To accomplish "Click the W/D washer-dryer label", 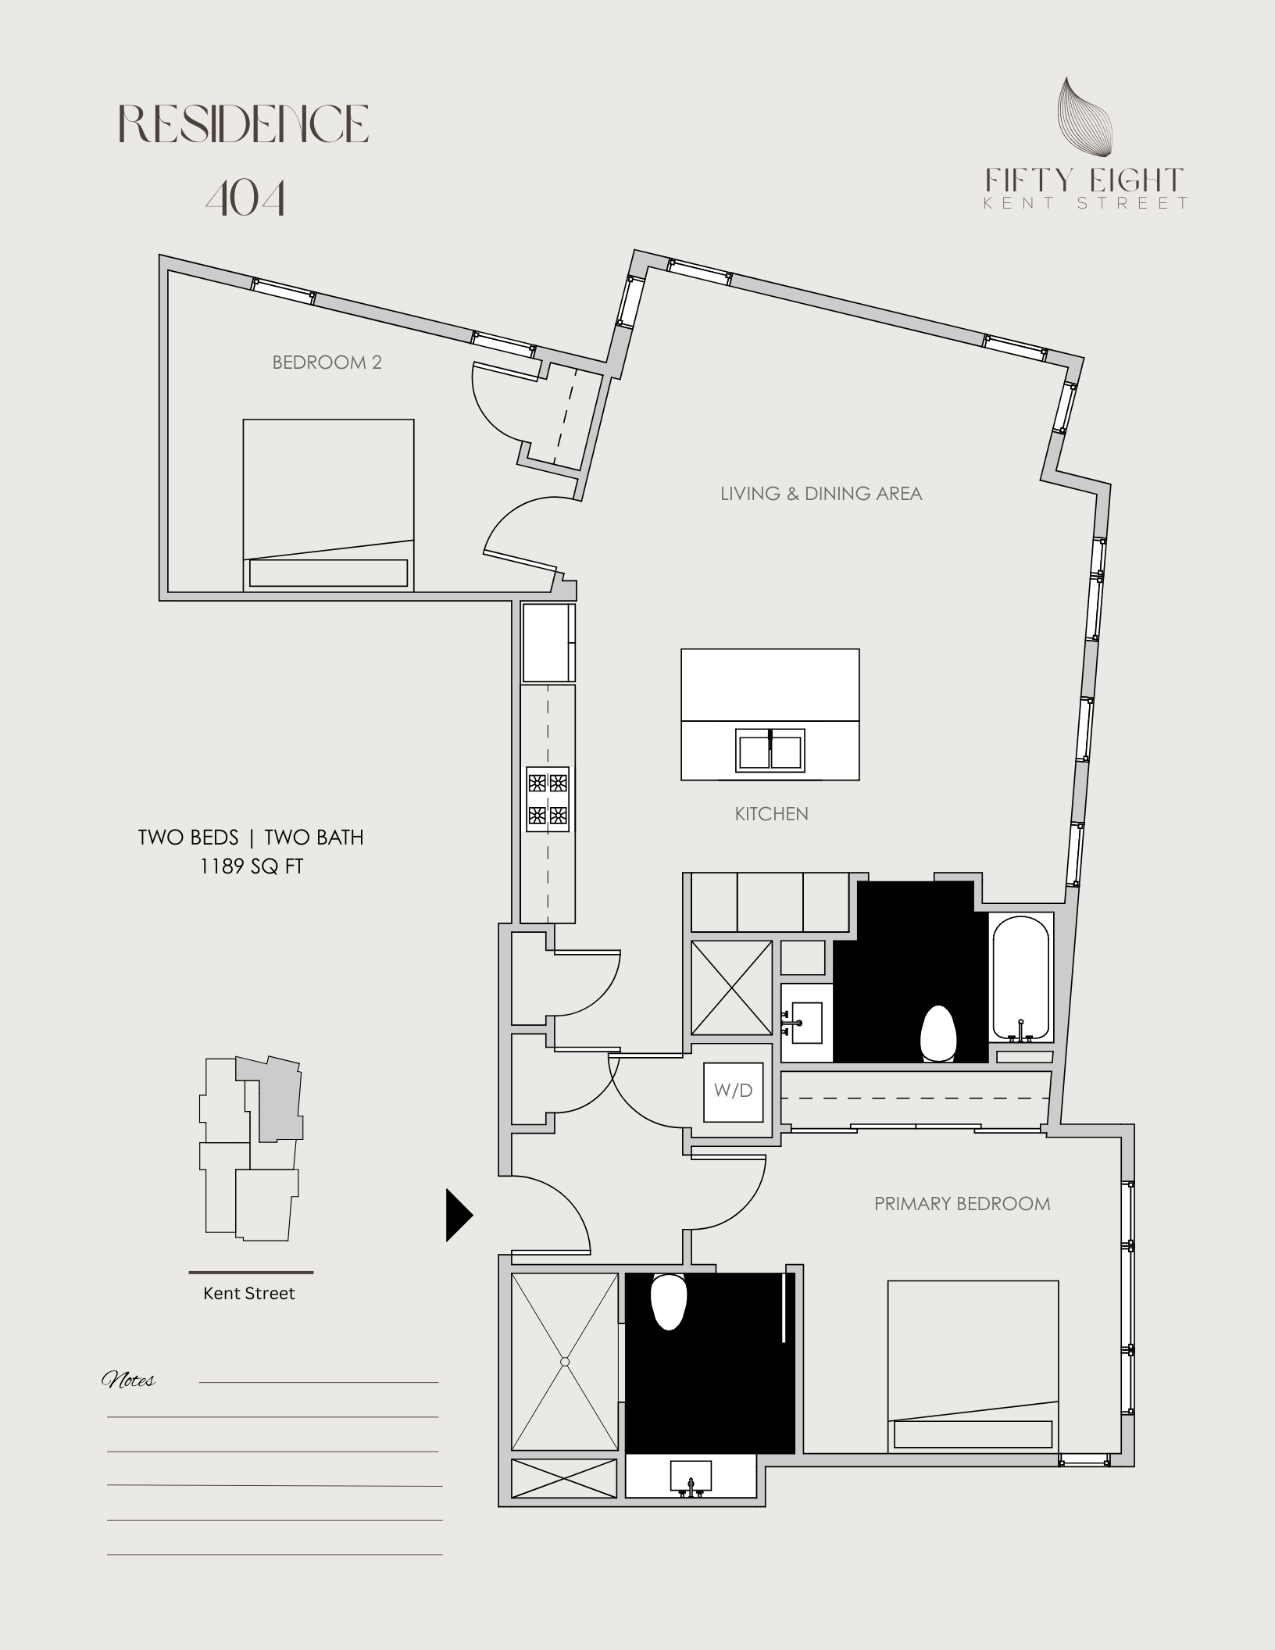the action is pos(733,1091).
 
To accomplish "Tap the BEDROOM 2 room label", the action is pos(327,362).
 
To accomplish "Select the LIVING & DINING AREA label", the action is pos(821,494).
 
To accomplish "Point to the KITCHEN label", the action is pos(771,814).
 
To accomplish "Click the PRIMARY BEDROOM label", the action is pos(962,1204).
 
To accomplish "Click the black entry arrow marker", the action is pos(459,1215).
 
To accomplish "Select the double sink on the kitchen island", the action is pos(770,750).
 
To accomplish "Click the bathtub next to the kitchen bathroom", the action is pos(1020,977).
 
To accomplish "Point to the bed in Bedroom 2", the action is pos(328,505).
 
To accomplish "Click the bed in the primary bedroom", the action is pos(973,1366).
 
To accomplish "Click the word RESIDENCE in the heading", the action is pos(244,124).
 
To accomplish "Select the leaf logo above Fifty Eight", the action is pos(1084,116).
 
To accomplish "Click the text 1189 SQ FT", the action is pos(252,866).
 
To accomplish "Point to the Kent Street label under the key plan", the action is pos(249,1294).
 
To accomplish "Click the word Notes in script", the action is pos(129,1380).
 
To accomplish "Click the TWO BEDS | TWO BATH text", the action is pos(251,837).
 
